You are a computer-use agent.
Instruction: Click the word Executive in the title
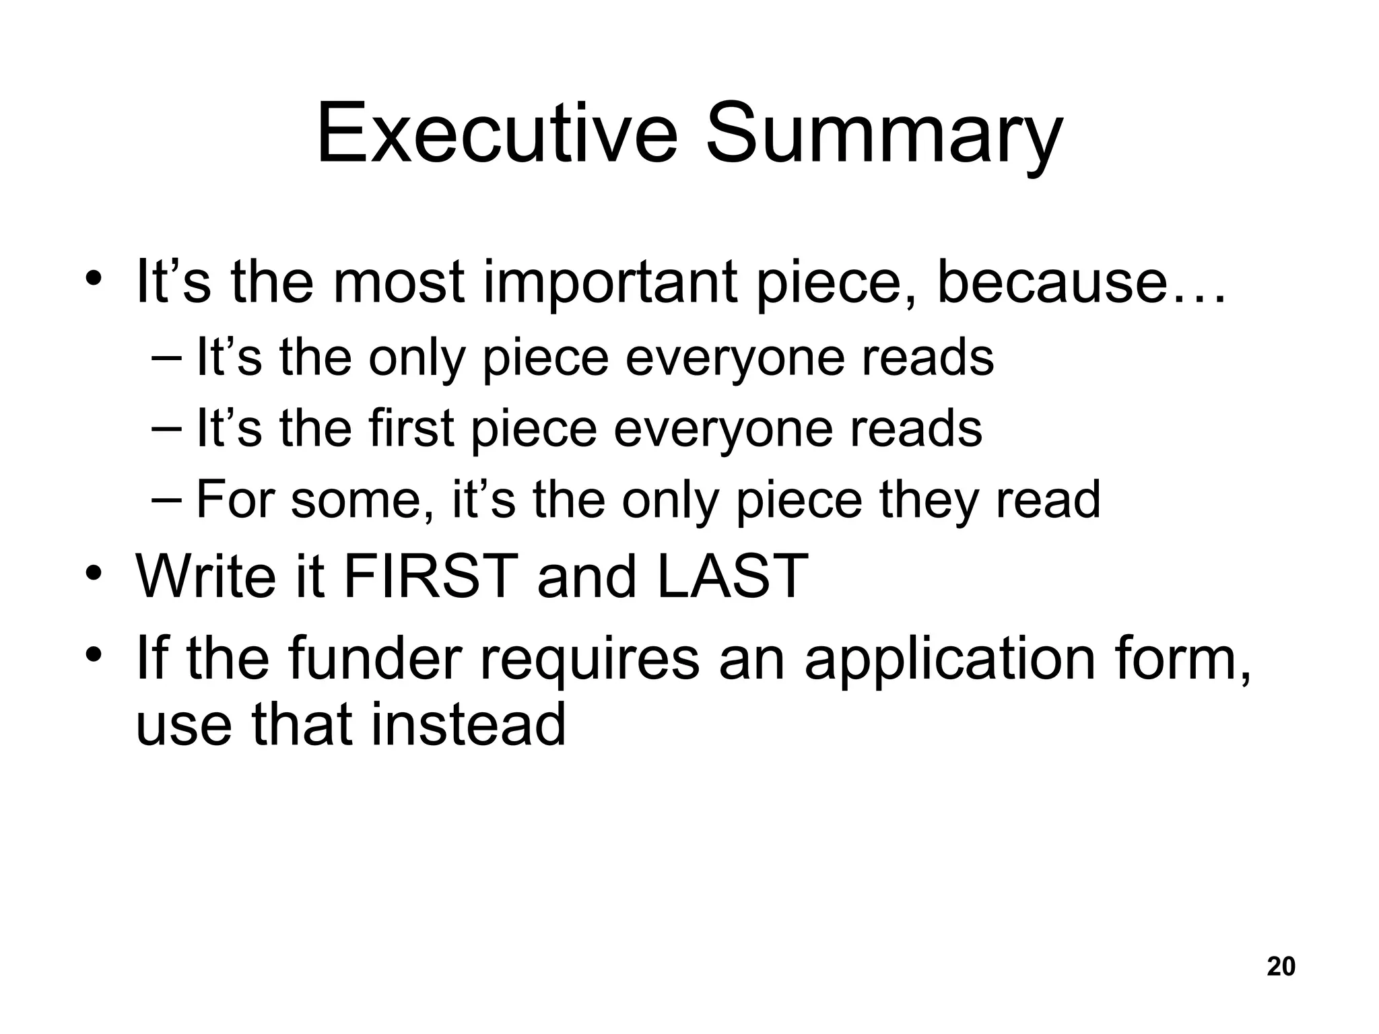coord(497,134)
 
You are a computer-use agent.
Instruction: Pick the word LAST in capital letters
coord(732,576)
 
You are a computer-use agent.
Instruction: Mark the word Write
coord(206,576)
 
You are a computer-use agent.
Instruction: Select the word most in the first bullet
coord(398,282)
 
